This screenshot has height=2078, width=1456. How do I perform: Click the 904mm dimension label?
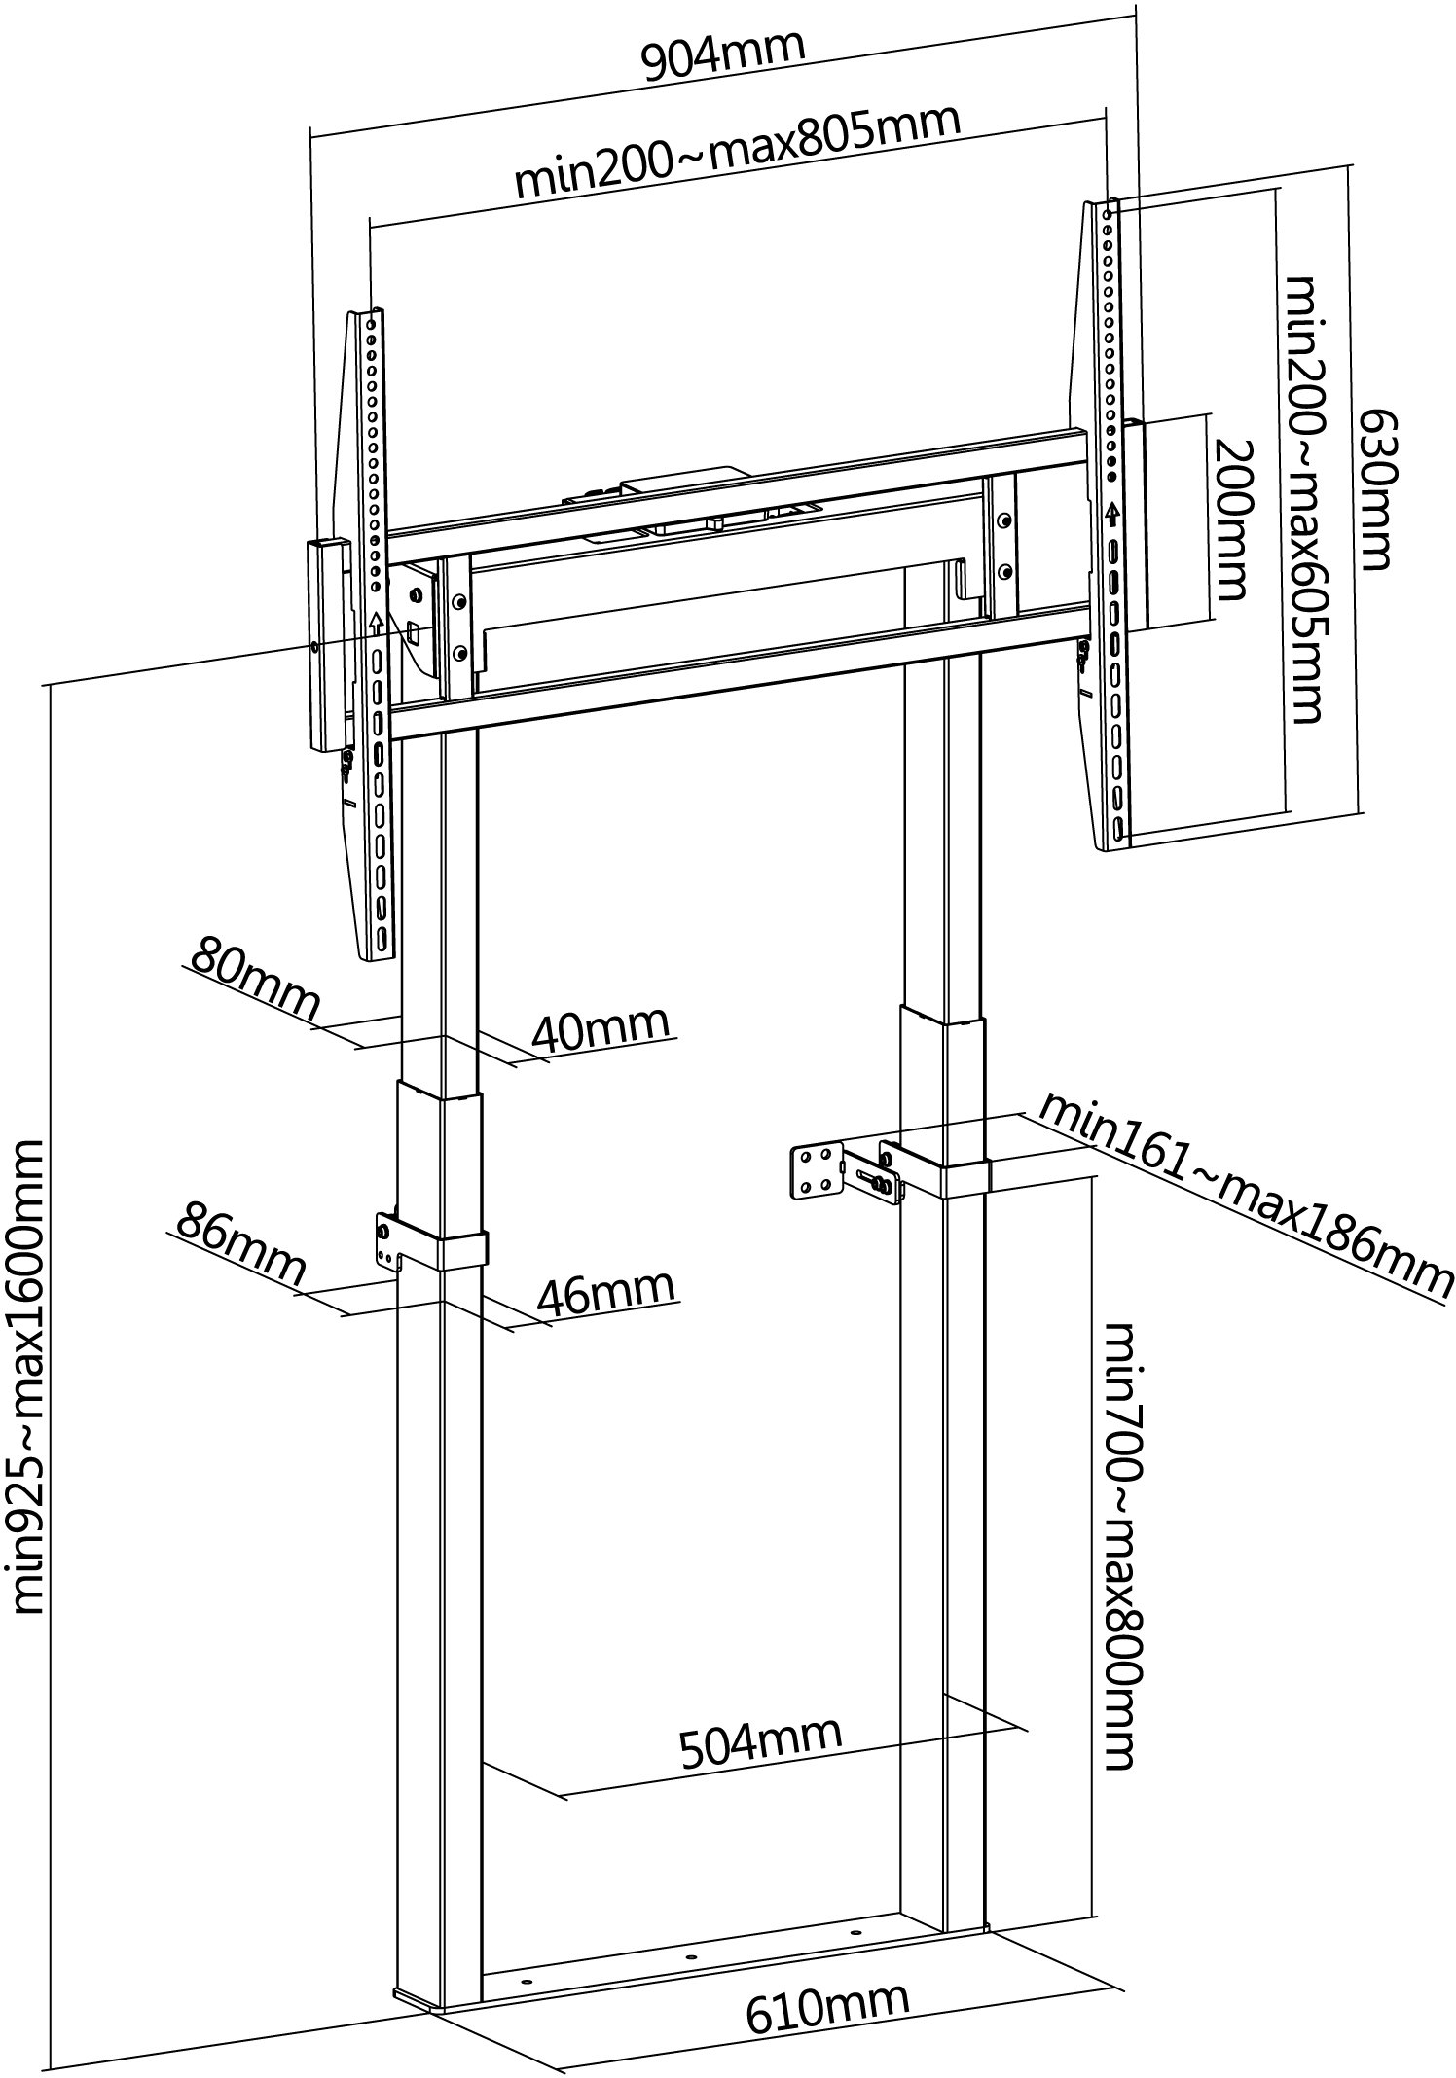(723, 56)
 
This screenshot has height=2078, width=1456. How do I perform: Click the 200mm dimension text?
(1229, 519)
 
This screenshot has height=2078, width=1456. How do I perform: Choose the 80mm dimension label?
(255, 980)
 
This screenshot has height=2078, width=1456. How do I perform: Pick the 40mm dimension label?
(601, 1028)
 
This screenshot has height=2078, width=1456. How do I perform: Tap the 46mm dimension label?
(605, 1291)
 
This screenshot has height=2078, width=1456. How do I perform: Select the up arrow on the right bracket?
(1112, 515)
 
